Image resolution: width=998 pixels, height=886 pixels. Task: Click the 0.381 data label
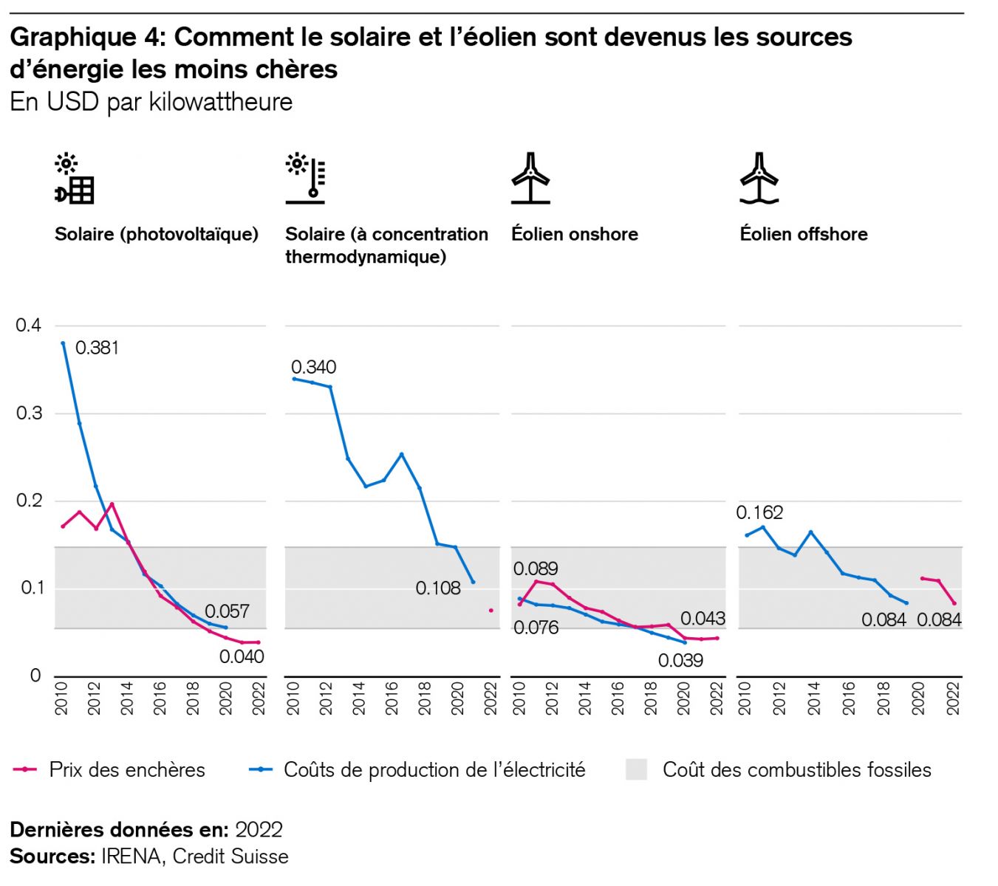(x=97, y=348)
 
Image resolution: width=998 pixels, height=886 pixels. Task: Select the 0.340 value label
(x=313, y=367)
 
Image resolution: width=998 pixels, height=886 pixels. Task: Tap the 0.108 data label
(x=437, y=588)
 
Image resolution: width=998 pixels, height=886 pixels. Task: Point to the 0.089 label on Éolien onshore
(x=536, y=569)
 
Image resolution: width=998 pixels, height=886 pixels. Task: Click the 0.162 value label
(x=759, y=512)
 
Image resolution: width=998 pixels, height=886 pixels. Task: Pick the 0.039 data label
(x=680, y=660)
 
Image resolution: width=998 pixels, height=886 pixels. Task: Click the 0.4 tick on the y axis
(x=29, y=326)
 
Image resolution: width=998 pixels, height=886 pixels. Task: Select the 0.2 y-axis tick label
(x=29, y=501)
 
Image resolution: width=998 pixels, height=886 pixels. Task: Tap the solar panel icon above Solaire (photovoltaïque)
(x=75, y=179)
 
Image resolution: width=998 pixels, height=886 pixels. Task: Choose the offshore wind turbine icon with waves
(x=759, y=179)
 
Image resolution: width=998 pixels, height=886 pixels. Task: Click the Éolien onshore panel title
(x=574, y=234)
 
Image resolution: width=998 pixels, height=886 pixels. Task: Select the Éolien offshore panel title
(x=804, y=234)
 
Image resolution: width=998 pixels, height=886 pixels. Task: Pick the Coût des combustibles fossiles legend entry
(x=796, y=770)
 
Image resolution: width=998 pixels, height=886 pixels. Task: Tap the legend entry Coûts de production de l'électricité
(x=434, y=770)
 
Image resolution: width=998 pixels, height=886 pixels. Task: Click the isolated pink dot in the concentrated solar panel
(x=491, y=611)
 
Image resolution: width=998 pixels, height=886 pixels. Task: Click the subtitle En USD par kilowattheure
(x=151, y=102)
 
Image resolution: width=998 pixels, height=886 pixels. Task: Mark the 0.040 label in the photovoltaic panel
(x=242, y=656)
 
